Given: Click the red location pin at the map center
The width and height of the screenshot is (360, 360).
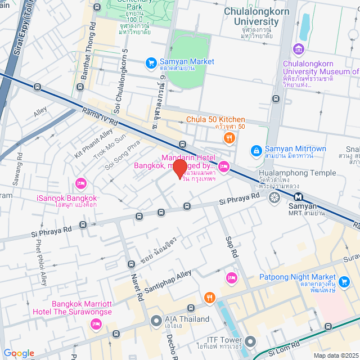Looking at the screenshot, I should [x=179, y=169].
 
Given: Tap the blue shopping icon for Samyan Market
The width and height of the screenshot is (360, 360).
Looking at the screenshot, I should [x=151, y=63].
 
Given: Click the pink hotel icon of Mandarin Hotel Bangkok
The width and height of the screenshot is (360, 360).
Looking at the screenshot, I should [x=224, y=165].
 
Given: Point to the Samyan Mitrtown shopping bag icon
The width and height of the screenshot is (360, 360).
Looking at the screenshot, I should [x=255, y=150].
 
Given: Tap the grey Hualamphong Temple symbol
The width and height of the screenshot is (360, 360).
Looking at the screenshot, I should [x=274, y=197].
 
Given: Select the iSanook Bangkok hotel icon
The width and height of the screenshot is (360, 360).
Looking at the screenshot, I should [x=82, y=183].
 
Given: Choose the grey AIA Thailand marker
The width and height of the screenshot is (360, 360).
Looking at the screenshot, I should [x=156, y=320].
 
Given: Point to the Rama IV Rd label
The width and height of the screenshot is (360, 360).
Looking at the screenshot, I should [x=99, y=116].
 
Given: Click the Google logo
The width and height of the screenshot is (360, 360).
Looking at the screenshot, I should [x=18, y=353].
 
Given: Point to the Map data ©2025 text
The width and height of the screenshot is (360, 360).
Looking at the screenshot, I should [x=335, y=355].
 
